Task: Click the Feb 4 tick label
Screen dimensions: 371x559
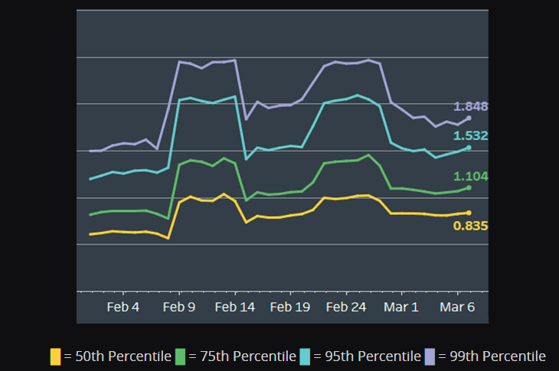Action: [123, 308]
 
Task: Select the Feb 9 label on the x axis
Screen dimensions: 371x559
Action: [179, 308]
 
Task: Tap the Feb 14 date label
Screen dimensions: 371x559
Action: [235, 308]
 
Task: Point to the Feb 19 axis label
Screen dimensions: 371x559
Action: [291, 308]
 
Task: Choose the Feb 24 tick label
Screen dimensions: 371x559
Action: [347, 308]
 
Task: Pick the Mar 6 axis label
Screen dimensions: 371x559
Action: [458, 308]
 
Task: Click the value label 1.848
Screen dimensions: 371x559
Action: [471, 106]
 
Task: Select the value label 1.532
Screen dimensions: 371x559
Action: [471, 135]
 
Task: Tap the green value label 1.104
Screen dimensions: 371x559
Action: [471, 176]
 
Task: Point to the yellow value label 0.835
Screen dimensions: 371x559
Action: [471, 226]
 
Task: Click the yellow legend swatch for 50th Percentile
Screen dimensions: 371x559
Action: [55, 356]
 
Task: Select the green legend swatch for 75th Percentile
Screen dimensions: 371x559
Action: [181, 356]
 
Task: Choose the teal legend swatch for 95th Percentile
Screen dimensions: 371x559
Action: [305, 356]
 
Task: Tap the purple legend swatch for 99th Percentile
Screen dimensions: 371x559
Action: [430, 356]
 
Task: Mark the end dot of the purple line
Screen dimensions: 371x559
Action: [469, 118]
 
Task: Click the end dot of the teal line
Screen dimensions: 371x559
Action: [469, 147]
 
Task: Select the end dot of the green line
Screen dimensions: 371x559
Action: [469, 187]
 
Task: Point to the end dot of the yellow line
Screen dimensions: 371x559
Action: [469, 213]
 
